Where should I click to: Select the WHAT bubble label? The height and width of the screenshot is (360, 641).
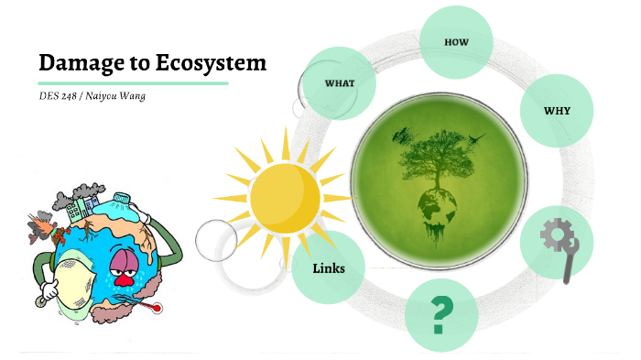point(340,82)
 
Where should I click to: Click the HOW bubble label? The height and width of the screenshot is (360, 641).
point(456,43)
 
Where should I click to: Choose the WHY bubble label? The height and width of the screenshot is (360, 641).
point(557,111)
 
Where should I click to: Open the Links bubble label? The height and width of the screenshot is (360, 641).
point(328,268)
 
